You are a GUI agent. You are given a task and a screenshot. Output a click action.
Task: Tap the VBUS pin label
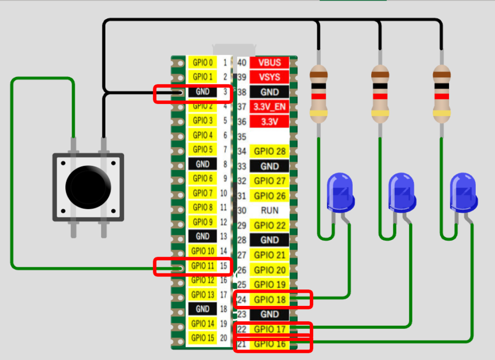(269, 62)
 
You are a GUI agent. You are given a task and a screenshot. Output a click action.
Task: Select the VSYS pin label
(269, 77)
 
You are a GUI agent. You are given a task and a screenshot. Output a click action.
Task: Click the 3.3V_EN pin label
(269, 106)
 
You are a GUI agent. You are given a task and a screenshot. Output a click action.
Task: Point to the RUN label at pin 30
(269, 211)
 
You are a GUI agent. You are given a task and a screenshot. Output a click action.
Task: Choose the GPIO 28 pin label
(270, 152)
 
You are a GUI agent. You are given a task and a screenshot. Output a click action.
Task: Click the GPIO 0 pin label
(203, 62)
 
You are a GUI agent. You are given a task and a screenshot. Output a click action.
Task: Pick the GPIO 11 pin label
(203, 266)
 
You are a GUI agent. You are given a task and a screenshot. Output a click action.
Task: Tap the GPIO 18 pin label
(270, 300)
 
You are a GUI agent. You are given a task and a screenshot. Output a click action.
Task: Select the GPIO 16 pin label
(270, 344)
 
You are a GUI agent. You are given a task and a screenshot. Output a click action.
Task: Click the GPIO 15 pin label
(203, 338)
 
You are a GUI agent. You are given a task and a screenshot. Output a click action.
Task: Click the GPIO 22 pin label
(270, 226)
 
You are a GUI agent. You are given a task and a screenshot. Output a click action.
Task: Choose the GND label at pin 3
(203, 91)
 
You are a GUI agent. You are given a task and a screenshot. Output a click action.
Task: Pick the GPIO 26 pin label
(270, 196)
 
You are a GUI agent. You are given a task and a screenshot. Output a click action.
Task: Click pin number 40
(242, 62)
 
